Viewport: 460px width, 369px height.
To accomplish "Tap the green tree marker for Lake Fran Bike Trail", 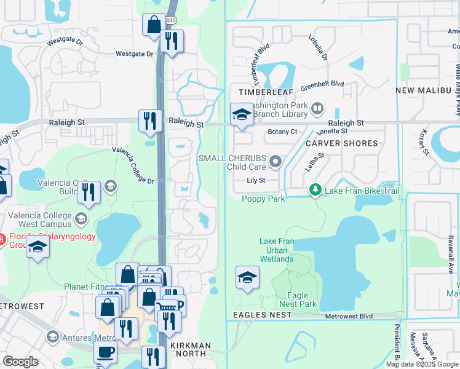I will click(x=315, y=191).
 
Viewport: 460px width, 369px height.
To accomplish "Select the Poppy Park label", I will click(x=263, y=199).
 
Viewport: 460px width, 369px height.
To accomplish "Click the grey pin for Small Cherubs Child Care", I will click(x=276, y=162).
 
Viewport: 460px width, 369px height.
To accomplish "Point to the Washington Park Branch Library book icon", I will click(x=317, y=109).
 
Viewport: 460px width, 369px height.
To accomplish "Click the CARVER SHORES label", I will click(x=342, y=143).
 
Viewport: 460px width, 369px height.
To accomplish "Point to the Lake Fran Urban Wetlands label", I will click(x=276, y=250).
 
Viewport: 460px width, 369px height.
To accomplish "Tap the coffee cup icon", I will click(x=105, y=352).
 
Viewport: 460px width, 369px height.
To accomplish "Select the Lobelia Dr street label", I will click(x=318, y=47).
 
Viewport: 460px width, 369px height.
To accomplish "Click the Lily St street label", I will click(x=255, y=181).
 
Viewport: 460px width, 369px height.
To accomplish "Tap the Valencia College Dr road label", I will click(x=133, y=165).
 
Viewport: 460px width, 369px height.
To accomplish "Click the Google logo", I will click(x=21, y=362).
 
